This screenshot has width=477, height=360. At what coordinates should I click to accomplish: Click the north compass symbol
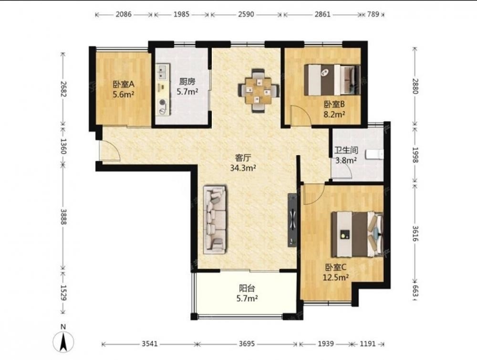(63, 341)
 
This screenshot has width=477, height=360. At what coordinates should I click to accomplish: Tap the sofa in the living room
(215, 219)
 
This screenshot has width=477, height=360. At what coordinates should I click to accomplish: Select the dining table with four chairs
(258, 91)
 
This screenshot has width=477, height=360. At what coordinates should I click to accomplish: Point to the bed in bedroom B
(332, 80)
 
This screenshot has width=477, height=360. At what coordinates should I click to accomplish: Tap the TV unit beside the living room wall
(292, 220)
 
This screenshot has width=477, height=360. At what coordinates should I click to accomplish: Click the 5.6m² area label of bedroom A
(124, 95)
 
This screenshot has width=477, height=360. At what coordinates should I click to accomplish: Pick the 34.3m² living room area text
(243, 168)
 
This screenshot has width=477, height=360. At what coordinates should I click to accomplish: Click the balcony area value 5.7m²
(247, 299)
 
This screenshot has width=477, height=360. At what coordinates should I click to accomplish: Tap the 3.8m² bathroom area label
(346, 160)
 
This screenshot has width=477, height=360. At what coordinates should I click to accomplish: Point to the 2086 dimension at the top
(124, 14)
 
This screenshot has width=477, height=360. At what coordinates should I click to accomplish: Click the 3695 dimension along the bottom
(247, 344)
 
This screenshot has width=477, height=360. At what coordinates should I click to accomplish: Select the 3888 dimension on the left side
(63, 217)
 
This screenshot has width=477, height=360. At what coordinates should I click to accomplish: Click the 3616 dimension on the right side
(416, 233)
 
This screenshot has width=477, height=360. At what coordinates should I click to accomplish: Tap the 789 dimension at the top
(373, 14)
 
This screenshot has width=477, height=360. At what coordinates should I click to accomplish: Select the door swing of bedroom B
(300, 115)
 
